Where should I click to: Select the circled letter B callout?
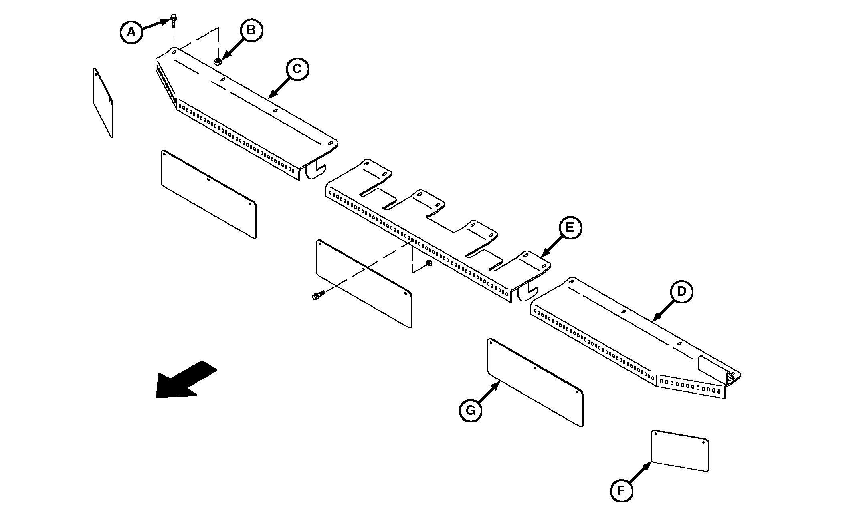point(251,30)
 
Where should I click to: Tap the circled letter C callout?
point(297,69)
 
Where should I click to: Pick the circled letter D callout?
point(681,291)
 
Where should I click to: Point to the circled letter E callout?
point(570,228)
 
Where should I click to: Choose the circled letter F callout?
point(622,490)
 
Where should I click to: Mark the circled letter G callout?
point(471,410)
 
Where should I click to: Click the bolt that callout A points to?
point(174,21)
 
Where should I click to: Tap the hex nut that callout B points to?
point(218,62)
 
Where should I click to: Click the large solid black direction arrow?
point(186,379)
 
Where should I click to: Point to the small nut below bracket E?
point(429,263)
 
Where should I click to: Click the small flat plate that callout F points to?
point(680,450)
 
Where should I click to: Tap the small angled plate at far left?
point(103,103)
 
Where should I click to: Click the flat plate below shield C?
point(209,194)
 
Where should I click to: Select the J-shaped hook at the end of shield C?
point(315,170)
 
